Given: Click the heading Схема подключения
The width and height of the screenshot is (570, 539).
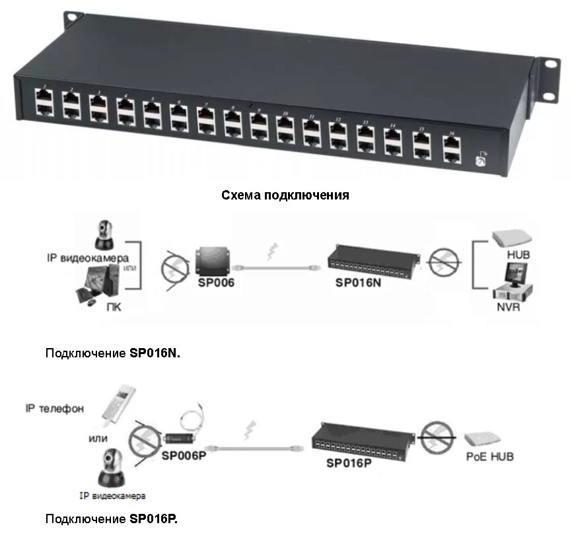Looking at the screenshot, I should [x=285, y=196].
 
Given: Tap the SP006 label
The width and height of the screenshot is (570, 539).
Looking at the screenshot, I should [x=216, y=281].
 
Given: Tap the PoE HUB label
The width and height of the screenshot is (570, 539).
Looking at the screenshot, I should [x=489, y=456].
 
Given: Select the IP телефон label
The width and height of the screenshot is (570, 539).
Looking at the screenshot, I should [x=55, y=409].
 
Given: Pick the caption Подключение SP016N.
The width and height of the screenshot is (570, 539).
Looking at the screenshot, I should [x=112, y=353].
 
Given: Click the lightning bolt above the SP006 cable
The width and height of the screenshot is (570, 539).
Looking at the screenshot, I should [x=270, y=252].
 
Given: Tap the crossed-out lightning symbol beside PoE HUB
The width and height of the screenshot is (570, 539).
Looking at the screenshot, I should [x=437, y=438].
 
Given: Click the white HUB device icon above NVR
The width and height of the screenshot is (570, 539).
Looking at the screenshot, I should [x=510, y=238].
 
